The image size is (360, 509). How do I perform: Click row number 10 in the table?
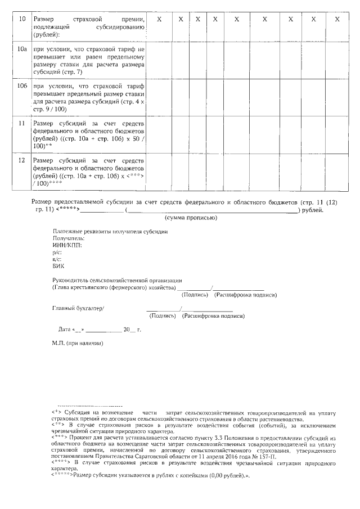point(22,20)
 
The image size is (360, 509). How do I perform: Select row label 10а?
point(22,50)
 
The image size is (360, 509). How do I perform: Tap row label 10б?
point(22,87)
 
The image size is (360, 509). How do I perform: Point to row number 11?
point(22,123)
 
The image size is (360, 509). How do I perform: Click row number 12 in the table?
point(22,160)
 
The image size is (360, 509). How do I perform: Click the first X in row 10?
point(159,20)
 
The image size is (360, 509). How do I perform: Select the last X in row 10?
point(336,20)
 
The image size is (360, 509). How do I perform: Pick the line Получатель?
point(68,238)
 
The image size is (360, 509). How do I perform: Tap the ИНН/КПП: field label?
point(67,246)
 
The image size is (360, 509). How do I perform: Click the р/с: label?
point(56,253)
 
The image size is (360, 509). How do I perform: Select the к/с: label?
point(56,260)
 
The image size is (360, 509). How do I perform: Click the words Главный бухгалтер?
point(78,308)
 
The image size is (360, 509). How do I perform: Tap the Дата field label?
point(65,329)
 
